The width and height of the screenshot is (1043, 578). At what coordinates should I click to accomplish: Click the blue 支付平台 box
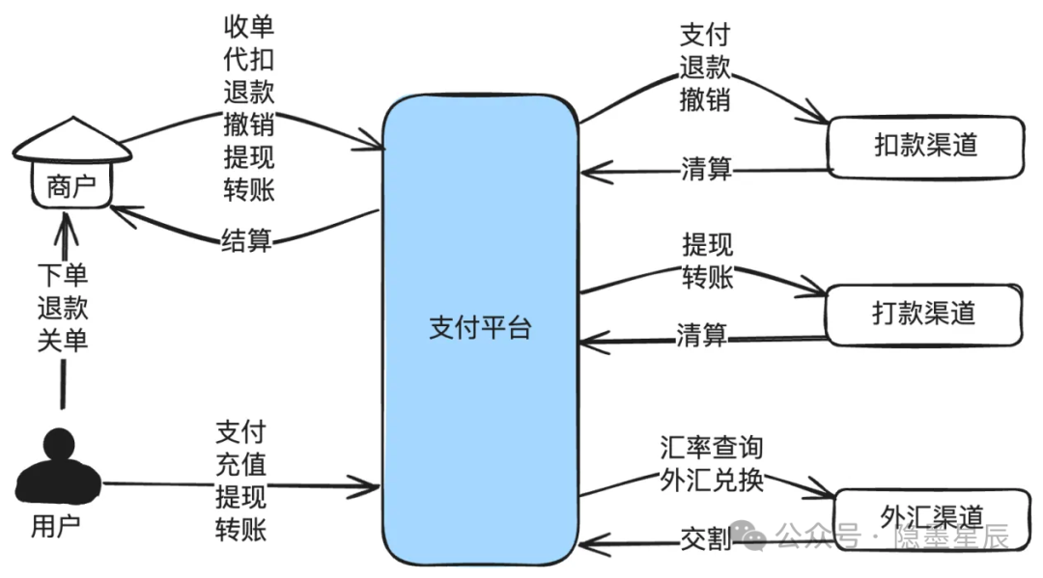480,329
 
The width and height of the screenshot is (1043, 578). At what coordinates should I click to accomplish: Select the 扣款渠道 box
925,147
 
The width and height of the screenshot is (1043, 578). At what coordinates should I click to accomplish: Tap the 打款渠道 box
923,315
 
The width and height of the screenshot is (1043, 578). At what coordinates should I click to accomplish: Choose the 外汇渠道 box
932,517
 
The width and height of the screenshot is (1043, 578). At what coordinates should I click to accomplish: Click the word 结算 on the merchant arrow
247,240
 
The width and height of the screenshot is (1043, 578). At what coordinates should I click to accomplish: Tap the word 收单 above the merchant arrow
249,27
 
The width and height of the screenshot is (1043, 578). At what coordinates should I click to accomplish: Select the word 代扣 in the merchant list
249,60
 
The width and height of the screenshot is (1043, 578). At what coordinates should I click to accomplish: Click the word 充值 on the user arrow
240,464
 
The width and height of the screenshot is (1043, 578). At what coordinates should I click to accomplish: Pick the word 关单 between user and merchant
63,341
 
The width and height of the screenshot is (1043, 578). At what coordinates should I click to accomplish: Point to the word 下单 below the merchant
63,275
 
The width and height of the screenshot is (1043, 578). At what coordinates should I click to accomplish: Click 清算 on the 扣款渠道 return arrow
706,169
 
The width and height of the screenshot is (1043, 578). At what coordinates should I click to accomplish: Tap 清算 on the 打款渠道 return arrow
702,335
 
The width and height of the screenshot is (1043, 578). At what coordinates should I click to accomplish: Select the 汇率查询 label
712,448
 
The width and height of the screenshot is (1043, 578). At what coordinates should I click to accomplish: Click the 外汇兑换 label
712,481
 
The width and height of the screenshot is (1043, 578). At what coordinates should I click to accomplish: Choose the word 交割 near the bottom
706,538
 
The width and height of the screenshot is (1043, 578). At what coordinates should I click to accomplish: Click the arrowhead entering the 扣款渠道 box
815,114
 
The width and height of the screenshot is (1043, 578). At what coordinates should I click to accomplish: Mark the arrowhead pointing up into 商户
66,226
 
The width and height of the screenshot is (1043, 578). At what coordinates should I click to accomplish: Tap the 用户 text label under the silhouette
56,527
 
